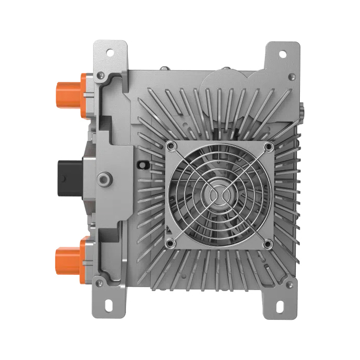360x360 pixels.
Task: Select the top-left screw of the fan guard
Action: pyautogui.click(x=171, y=147)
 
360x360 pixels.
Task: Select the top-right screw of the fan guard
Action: pyautogui.click(x=268, y=147)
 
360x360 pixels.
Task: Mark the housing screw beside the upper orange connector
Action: pyautogui.click(x=101, y=76)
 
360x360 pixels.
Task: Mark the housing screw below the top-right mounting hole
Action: pyautogui.click(x=292, y=78)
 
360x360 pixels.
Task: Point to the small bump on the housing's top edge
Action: pyautogui.click(x=164, y=67)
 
